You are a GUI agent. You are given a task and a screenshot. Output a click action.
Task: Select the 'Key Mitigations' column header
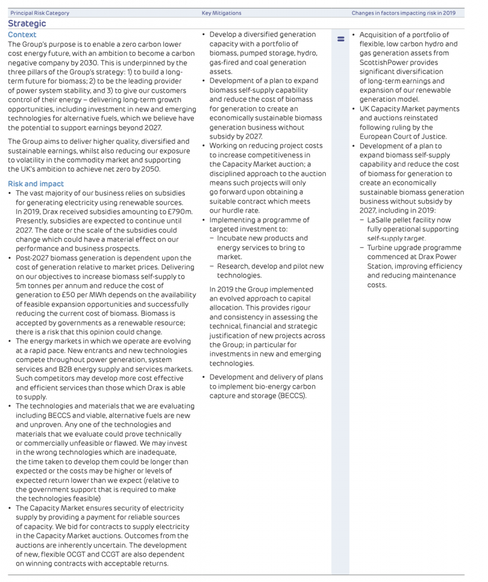click(x=221, y=13)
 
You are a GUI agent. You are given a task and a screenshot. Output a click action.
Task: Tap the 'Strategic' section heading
click(x=27, y=24)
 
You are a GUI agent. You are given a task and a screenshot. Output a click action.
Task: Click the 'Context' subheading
click(x=22, y=35)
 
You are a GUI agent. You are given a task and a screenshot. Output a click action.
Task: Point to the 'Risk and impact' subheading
click(x=36, y=184)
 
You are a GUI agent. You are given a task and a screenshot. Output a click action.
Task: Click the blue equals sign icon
click(x=341, y=39)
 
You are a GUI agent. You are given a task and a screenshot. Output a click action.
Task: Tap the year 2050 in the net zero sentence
click(x=150, y=169)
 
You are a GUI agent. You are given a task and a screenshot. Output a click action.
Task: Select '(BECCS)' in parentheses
click(x=291, y=396)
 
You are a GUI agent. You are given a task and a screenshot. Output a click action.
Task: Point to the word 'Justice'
click(x=433, y=136)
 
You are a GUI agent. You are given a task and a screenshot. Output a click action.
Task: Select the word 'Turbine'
click(x=380, y=248)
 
